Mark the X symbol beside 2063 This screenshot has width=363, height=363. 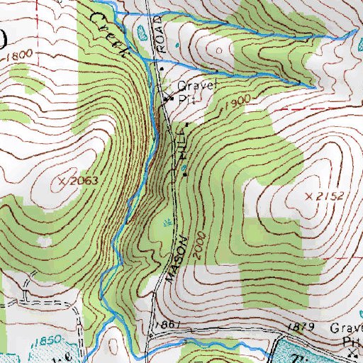pyautogui.click(x=62, y=181)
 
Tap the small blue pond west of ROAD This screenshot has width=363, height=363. pyautogui.click(x=139, y=33)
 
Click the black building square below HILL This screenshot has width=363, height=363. pyautogui.click(x=187, y=174)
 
